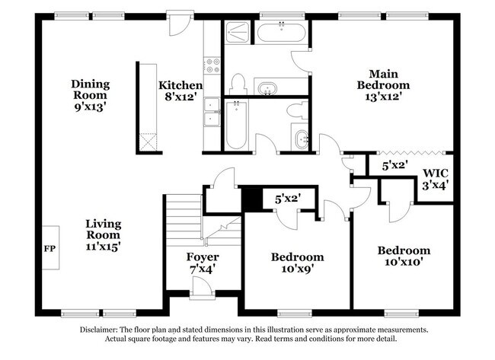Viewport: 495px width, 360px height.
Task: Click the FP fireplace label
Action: (x=49, y=249)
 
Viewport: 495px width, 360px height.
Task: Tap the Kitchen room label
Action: (x=180, y=85)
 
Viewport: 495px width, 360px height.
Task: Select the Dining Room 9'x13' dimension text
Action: (x=89, y=107)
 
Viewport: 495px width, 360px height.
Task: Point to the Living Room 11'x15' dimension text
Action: (x=103, y=247)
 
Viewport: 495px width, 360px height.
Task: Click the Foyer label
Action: (x=203, y=257)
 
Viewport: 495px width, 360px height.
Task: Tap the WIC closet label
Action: (x=436, y=173)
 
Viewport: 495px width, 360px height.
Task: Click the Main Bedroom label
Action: (x=383, y=79)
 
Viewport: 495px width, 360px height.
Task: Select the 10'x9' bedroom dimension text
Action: (x=297, y=269)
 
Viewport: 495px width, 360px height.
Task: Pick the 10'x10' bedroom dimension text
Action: (x=404, y=262)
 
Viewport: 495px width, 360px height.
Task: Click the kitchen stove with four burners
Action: (x=212, y=65)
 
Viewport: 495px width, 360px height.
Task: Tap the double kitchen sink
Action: (x=212, y=112)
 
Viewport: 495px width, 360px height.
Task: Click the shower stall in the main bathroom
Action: (x=238, y=32)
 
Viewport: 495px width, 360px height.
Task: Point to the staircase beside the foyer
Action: (x=184, y=220)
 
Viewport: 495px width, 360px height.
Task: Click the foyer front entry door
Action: (x=202, y=288)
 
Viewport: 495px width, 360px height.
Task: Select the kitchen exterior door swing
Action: (x=180, y=25)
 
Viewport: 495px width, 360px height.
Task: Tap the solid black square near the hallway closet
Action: (x=252, y=199)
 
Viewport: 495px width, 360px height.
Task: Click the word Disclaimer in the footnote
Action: (x=99, y=330)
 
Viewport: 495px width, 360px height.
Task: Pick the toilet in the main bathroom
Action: (x=238, y=84)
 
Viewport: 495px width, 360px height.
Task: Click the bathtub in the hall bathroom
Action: (x=236, y=125)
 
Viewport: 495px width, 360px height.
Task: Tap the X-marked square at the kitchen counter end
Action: (x=148, y=142)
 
